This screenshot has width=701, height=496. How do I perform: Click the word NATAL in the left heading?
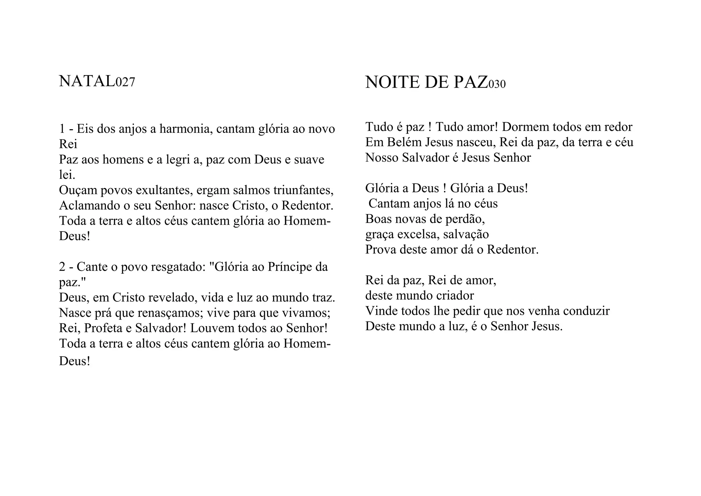click(x=87, y=82)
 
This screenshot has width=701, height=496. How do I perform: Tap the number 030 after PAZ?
click(x=497, y=84)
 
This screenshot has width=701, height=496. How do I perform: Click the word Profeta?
click(x=103, y=328)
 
